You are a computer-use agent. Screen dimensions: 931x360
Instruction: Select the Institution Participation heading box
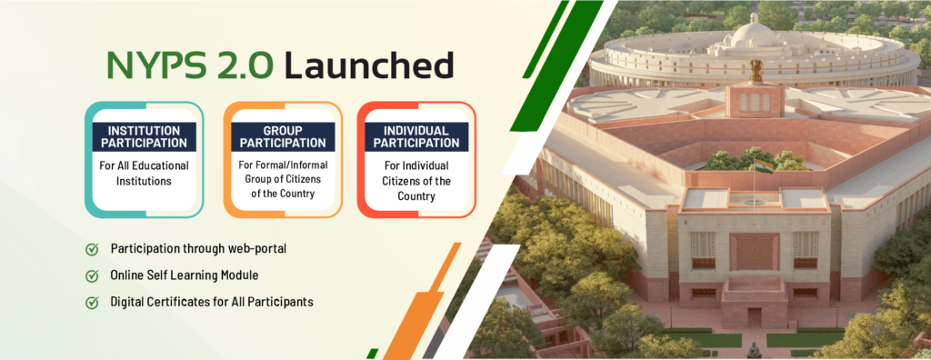tap(145, 136)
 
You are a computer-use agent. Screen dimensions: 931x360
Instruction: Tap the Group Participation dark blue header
tap(284, 136)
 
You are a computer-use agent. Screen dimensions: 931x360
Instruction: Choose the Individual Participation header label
tap(416, 136)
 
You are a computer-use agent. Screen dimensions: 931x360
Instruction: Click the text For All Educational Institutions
tap(145, 173)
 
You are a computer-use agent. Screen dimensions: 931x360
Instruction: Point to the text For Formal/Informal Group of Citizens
tap(284, 172)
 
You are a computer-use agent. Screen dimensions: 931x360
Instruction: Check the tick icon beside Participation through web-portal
tap(92, 249)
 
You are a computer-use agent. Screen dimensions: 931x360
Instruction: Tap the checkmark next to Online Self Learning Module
tap(92, 275)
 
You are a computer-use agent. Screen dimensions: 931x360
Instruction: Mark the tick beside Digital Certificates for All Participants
tap(92, 303)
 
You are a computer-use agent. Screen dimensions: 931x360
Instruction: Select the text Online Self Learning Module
tap(184, 275)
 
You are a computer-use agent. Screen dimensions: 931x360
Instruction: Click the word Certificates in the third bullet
tap(174, 302)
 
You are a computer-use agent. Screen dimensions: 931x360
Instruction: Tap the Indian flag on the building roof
tap(764, 164)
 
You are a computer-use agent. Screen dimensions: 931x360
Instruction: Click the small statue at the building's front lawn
tap(754, 350)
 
